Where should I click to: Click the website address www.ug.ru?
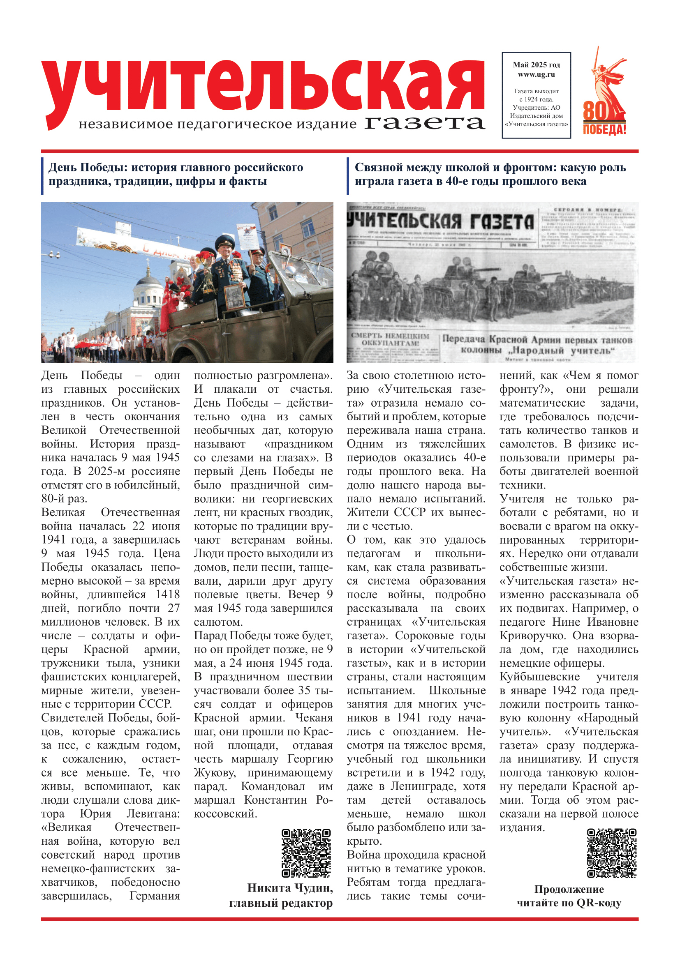coord(536,75)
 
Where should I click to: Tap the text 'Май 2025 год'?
coord(536,65)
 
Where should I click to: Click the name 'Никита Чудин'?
coord(290,888)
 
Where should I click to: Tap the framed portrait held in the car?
coord(234,296)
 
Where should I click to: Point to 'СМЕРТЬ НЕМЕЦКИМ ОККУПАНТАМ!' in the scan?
coord(390,339)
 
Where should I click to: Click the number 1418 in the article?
coord(167,595)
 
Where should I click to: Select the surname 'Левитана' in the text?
coord(153,814)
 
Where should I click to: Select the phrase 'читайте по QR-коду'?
coord(569,902)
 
